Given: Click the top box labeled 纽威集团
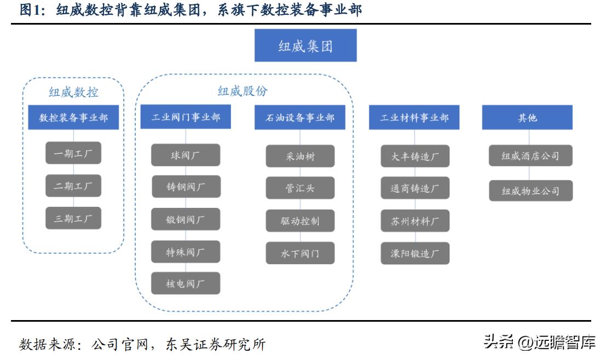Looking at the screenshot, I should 305,46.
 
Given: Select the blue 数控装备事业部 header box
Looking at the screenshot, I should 73,118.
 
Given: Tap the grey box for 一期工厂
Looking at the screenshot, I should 73,154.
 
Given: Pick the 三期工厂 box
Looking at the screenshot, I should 73,219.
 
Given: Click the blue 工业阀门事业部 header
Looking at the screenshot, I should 186,118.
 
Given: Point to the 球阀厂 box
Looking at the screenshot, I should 186,155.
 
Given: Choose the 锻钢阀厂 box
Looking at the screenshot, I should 186,219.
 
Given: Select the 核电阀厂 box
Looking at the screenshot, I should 186,284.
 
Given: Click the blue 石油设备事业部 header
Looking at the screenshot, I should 300,118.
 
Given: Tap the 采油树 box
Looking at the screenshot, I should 300,156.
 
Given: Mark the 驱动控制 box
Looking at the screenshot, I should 300,221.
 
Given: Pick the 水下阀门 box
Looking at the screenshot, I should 300,253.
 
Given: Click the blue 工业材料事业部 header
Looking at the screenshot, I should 414,118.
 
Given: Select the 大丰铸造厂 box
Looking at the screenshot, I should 415,156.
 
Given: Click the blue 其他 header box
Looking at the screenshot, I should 527,118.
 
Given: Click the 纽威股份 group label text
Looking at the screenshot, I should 243,91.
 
